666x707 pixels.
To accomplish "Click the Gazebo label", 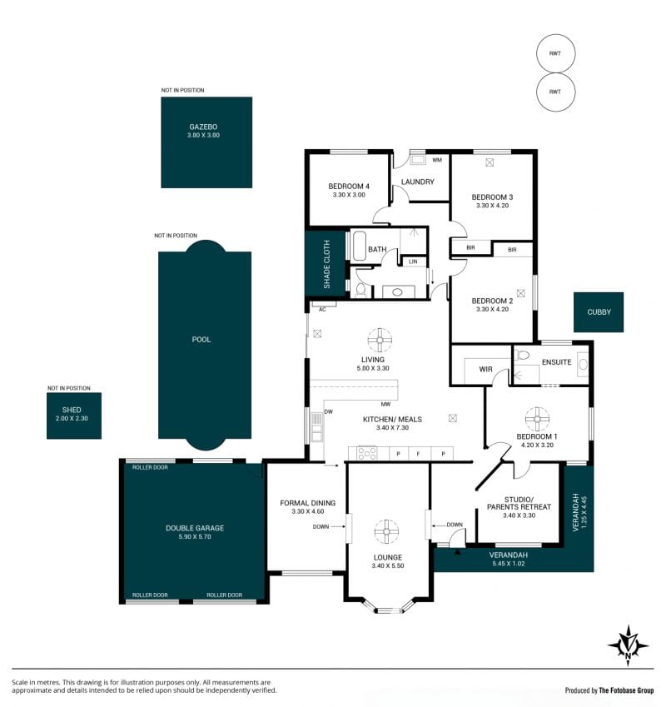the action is tap(203, 127).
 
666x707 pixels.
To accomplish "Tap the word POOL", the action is tap(201, 340).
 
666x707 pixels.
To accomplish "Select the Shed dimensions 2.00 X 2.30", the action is tap(72, 418).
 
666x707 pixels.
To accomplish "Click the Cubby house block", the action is tap(599, 312).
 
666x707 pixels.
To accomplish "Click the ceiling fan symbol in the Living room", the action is tap(380, 340).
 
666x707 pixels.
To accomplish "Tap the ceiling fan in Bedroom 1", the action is tap(537, 419).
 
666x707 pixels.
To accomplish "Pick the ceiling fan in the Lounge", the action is tap(386, 531).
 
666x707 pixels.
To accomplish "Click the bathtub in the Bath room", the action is tap(359, 246).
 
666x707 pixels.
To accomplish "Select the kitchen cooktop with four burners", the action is tap(367, 453).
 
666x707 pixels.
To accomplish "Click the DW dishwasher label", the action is tap(329, 411).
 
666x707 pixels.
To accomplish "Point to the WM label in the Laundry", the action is tap(437, 160).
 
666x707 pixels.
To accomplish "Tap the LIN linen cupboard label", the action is tap(413, 261).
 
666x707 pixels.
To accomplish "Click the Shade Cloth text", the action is tap(326, 264).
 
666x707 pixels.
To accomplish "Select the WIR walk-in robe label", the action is tap(485, 369).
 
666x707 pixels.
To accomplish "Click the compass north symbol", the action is tap(629, 645).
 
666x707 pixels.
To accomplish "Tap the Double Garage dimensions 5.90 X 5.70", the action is tap(195, 536).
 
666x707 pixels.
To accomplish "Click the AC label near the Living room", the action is tap(322, 309).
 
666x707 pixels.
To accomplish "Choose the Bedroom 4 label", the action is tap(349, 187).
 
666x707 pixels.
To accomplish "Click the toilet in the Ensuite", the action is tap(522, 355).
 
